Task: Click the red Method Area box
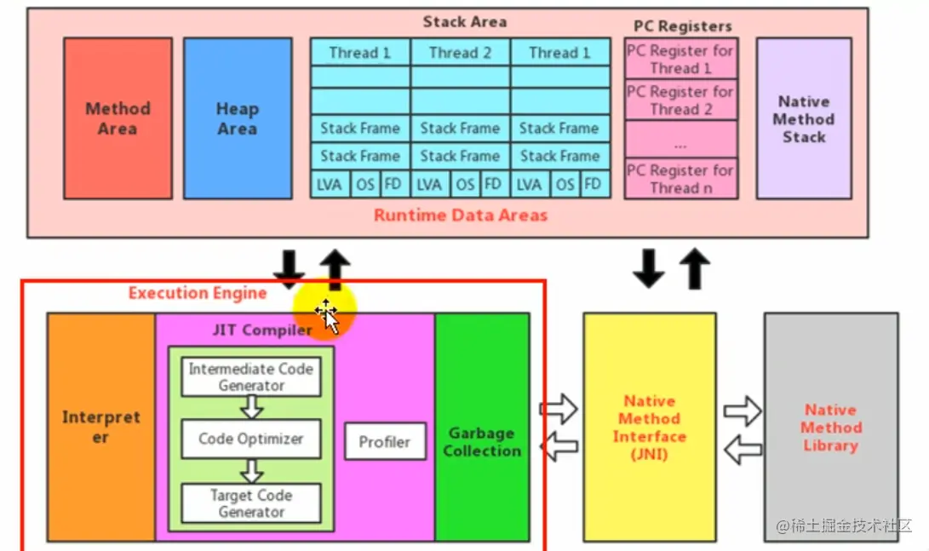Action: tap(118, 118)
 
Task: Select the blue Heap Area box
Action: tap(237, 118)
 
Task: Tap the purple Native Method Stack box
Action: tap(804, 118)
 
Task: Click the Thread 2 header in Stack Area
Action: tap(460, 53)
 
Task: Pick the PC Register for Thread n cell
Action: tap(680, 179)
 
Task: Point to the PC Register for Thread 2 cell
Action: tap(680, 100)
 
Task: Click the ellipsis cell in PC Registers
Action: tap(680, 139)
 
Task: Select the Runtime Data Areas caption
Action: tap(460, 215)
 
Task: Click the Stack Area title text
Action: tap(464, 22)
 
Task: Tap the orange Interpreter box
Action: tap(101, 427)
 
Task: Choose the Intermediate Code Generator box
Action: tap(251, 377)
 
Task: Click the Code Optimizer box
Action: tap(251, 439)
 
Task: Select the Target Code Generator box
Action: tap(251, 503)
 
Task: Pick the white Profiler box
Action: tap(384, 442)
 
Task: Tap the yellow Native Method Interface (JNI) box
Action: tap(649, 427)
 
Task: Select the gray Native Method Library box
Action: tap(830, 427)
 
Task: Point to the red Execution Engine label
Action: tap(198, 293)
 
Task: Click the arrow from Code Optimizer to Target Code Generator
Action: tap(251, 471)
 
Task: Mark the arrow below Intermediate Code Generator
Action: tap(251, 408)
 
